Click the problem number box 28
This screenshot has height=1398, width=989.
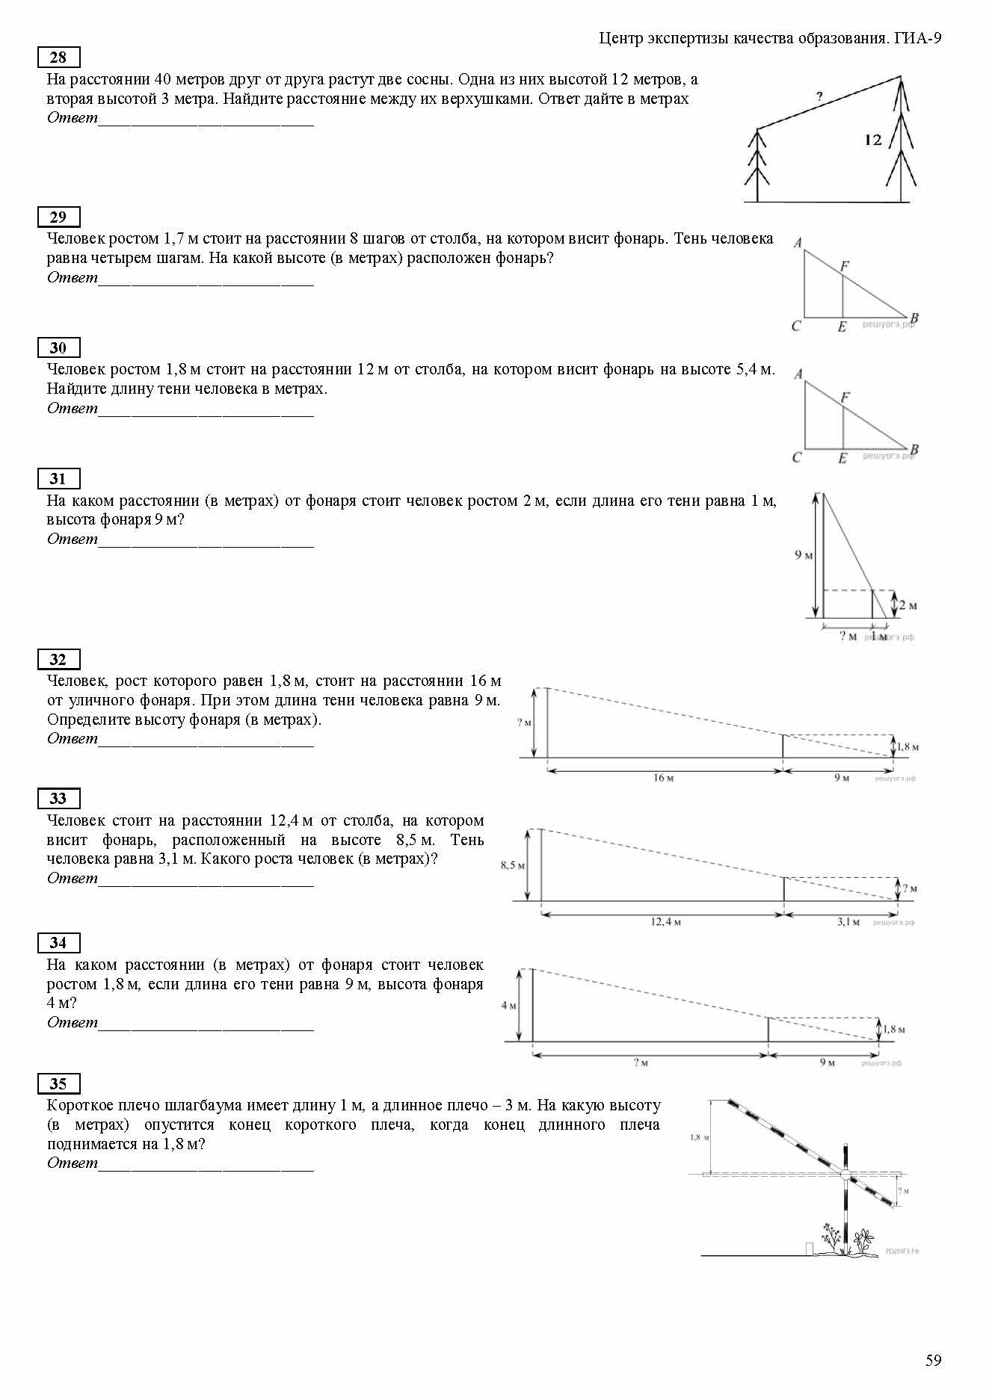tap(58, 58)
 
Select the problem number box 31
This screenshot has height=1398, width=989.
tap(58, 479)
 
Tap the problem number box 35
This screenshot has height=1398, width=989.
tap(58, 1083)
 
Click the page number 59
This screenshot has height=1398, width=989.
tap(933, 1360)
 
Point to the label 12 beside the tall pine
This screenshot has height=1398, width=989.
tap(872, 140)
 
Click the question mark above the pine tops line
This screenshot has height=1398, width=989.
tap(819, 96)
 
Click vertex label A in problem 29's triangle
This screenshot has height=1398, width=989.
tap(798, 243)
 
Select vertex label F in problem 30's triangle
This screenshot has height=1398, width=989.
tap(845, 398)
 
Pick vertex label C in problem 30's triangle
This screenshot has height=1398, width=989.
tap(797, 457)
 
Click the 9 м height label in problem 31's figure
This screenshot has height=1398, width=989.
tap(804, 555)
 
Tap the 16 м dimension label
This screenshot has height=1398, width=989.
tap(663, 778)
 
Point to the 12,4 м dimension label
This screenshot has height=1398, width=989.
tap(665, 922)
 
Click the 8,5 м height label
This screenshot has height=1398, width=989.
tap(512, 865)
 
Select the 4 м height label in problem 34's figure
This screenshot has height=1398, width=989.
tap(508, 1006)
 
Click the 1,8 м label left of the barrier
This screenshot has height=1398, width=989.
tap(699, 1137)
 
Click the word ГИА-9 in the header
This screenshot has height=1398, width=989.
tap(917, 39)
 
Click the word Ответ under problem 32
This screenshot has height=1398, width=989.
tap(72, 739)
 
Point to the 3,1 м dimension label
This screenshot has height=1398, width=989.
tap(848, 922)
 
